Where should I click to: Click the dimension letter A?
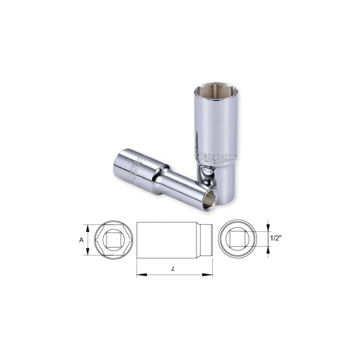pos(81,240)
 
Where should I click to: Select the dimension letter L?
pos(173,268)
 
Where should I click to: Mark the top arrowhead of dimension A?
pos(88,227)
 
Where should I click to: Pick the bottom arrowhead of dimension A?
pos(88,252)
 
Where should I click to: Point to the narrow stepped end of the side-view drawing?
pos(207,239)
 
